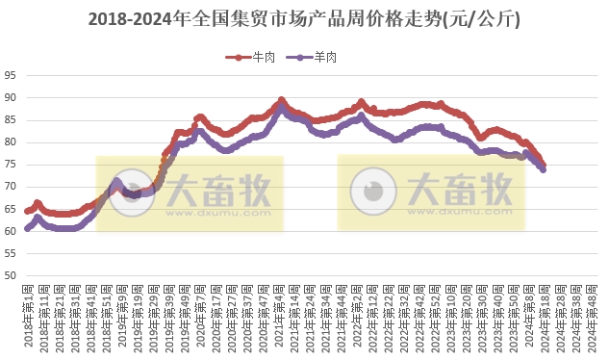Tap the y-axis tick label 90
(11, 98)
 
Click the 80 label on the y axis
(11, 142)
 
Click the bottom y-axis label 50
(11, 275)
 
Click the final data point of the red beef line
(544, 165)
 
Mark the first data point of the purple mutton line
(27, 228)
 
